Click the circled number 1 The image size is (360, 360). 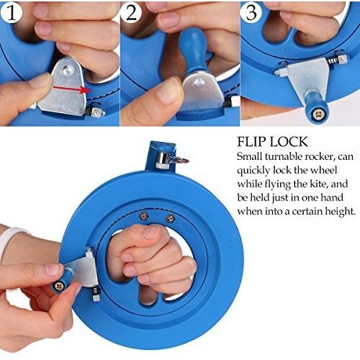click(x=14, y=14)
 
